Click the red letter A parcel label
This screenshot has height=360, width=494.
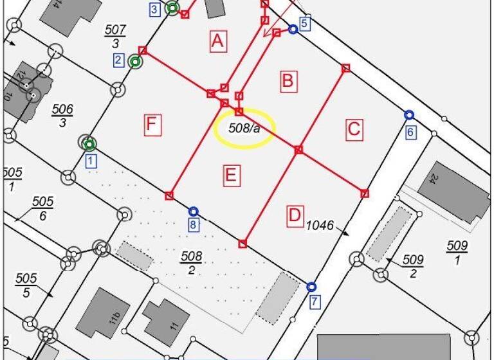tap(218, 42)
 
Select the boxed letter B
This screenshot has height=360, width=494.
tap(288, 80)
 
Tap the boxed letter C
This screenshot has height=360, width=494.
tap(354, 129)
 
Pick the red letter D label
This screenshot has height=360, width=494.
tap(294, 216)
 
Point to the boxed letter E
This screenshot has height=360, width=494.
tap(232, 175)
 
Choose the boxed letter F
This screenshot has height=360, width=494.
tap(151, 124)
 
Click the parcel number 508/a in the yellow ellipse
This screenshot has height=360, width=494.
tap(244, 128)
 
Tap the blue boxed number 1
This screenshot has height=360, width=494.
tap(91, 161)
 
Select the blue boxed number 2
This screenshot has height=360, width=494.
tap(118, 60)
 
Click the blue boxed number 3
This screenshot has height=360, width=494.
tap(154, 9)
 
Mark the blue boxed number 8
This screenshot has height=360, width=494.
tap(194, 225)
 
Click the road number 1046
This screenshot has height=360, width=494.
tap(320, 225)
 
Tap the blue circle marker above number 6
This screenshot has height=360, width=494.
tap(409, 115)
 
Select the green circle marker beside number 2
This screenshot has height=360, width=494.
tap(134, 62)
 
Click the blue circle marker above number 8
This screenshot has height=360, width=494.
tap(193, 212)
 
